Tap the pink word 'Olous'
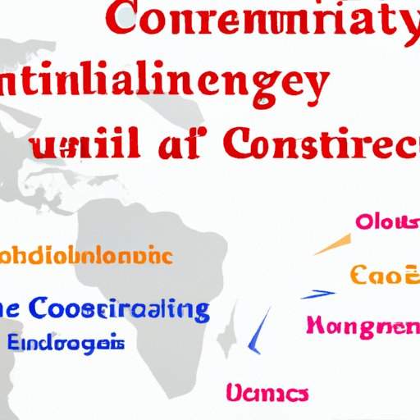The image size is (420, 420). coord(386,222)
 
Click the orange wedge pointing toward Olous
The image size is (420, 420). coord(329,245)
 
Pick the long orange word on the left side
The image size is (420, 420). coord(86,255)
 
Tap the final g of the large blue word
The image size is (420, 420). coord(198,314)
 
